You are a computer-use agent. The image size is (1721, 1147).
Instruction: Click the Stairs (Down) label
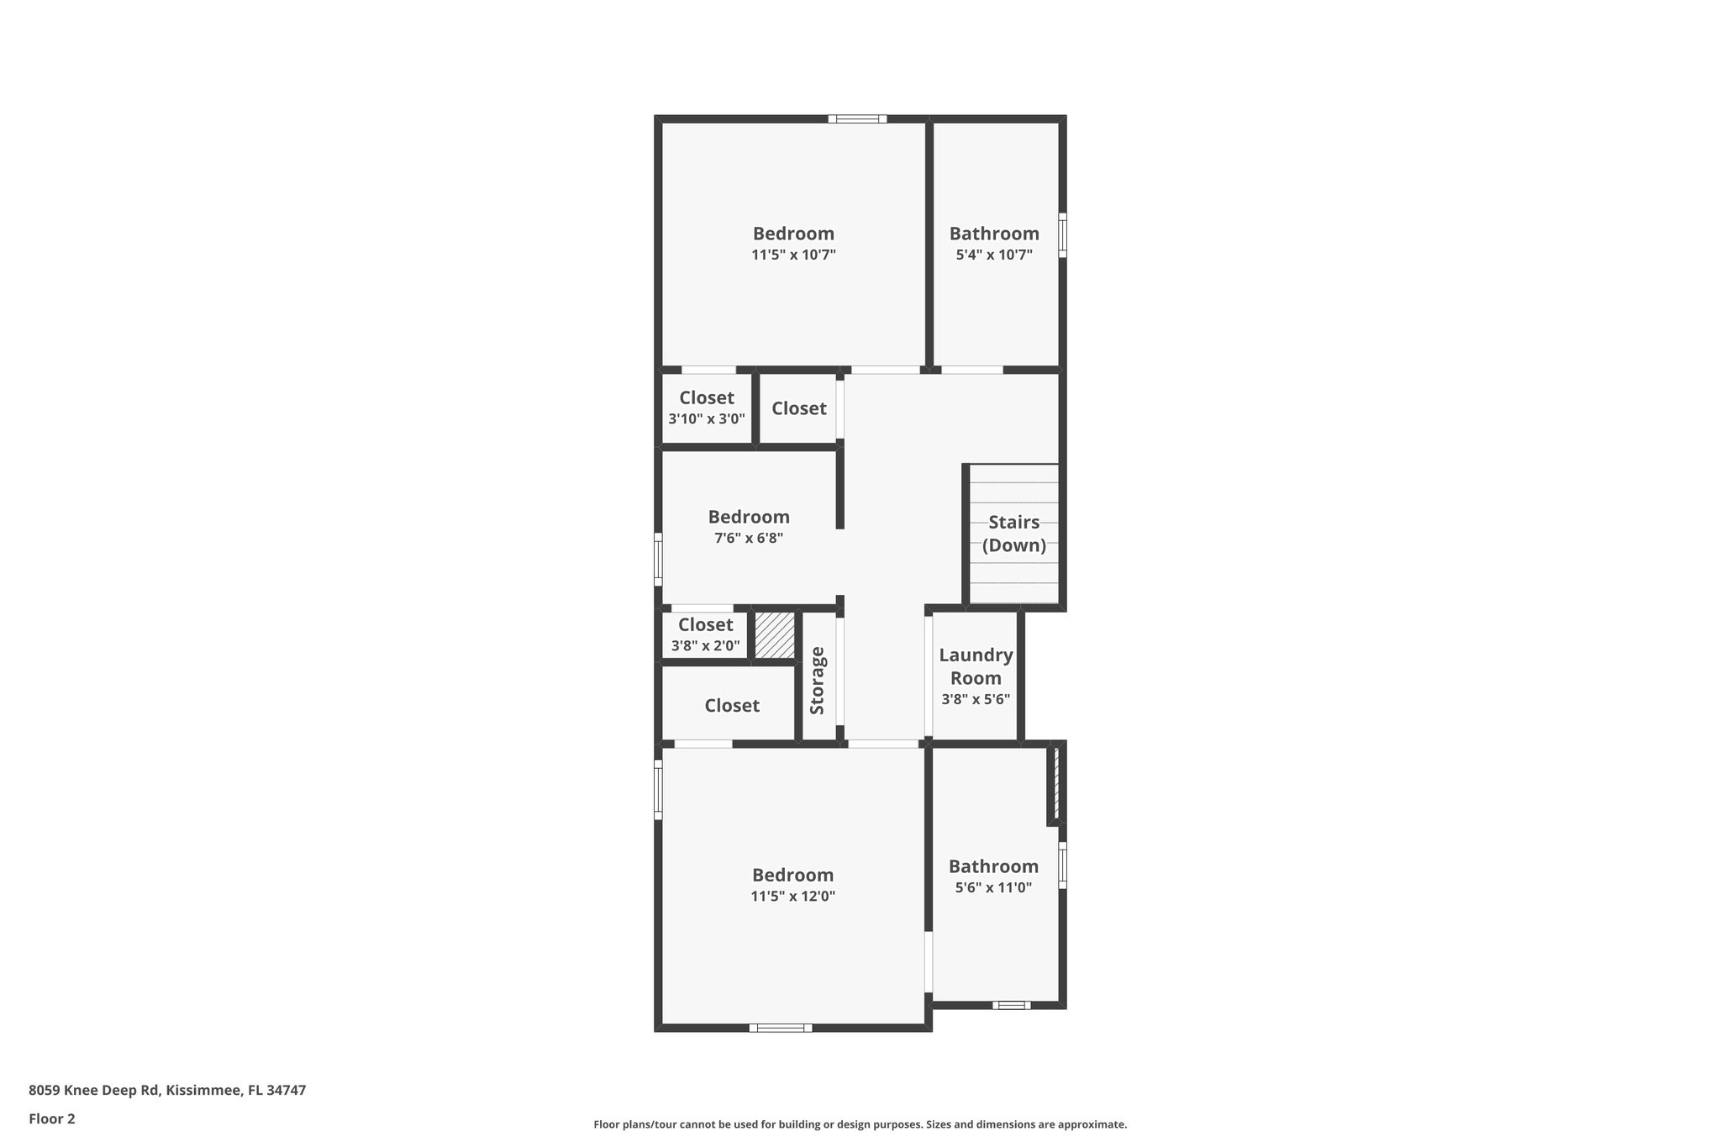(x=1013, y=534)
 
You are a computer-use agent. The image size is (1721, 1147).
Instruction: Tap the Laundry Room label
(x=976, y=666)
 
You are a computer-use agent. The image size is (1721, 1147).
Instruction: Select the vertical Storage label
(x=818, y=681)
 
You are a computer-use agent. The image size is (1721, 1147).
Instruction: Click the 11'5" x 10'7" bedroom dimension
(x=793, y=255)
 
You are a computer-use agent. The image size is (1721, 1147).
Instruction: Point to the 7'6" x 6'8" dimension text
(x=749, y=538)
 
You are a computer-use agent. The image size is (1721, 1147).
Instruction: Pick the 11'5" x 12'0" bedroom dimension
(x=792, y=896)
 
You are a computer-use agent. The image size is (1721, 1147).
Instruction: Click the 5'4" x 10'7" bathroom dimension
(x=994, y=255)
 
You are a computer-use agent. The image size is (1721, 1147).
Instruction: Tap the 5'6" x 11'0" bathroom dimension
(x=993, y=887)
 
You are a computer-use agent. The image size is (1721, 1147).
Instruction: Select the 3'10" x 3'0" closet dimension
(x=707, y=418)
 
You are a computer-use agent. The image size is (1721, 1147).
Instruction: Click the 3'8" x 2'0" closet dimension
(x=706, y=645)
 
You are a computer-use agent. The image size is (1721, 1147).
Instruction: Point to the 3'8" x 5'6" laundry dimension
(x=976, y=699)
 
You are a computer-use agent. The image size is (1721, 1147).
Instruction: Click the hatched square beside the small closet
(x=774, y=635)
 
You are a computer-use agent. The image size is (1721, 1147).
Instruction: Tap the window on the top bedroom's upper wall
(x=857, y=119)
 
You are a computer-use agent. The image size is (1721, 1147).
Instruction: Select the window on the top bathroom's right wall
(x=1062, y=234)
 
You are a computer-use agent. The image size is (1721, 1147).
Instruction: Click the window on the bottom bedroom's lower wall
(x=780, y=1027)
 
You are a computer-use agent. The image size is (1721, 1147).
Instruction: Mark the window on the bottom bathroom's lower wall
(x=1011, y=1005)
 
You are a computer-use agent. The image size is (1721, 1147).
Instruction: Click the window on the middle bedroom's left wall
(x=658, y=559)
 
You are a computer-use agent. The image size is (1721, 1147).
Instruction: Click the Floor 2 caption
(x=52, y=1118)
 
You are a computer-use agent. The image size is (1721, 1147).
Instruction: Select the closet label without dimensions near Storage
(x=732, y=706)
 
